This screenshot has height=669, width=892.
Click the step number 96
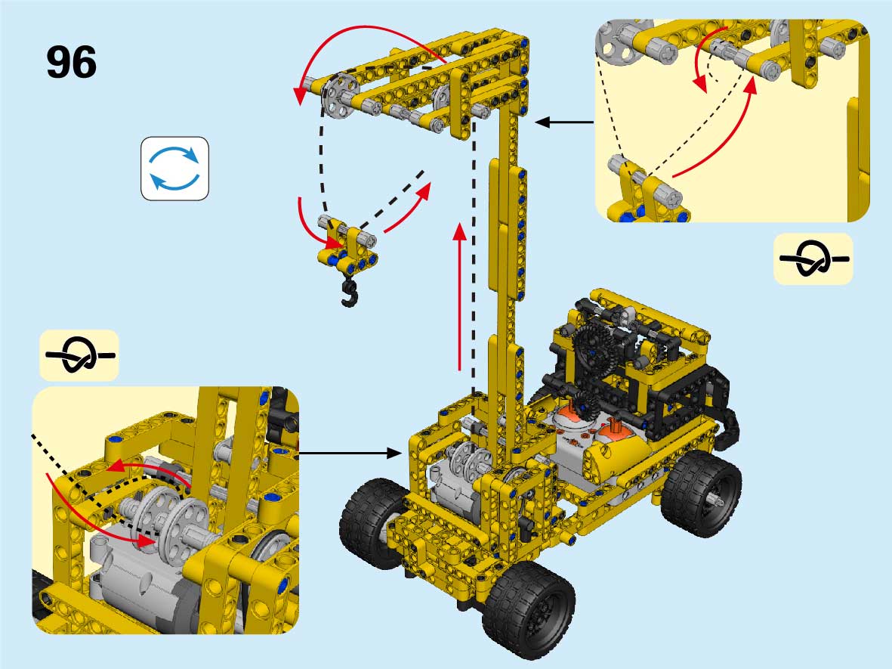(x=71, y=62)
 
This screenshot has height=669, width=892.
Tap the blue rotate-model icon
(x=174, y=169)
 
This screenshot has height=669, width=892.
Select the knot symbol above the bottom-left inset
(x=79, y=355)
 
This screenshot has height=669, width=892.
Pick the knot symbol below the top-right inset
(x=813, y=259)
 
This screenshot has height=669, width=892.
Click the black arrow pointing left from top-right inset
(x=564, y=122)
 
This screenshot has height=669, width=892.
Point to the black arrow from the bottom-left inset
(x=350, y=454)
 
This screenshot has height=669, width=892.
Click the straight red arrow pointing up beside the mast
(x=460, y=297)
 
